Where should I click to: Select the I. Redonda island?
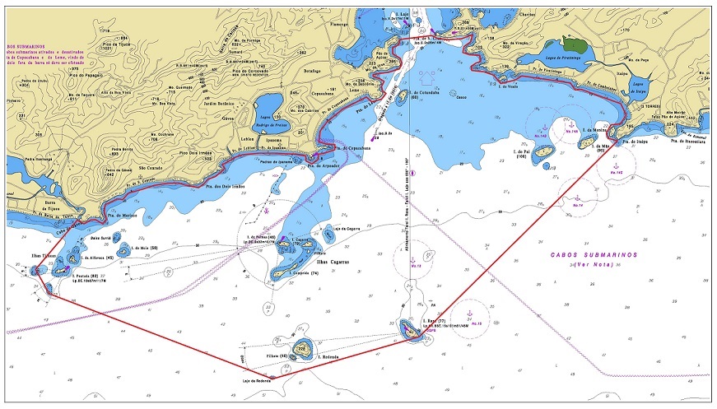click(x=303, y=349)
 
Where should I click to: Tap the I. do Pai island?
click(x=543, y=152)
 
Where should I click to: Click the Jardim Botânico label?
click(x=216, y=104)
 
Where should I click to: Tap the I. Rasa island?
click(x=408, y=329)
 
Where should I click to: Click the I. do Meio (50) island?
click(x=125, y=249)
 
